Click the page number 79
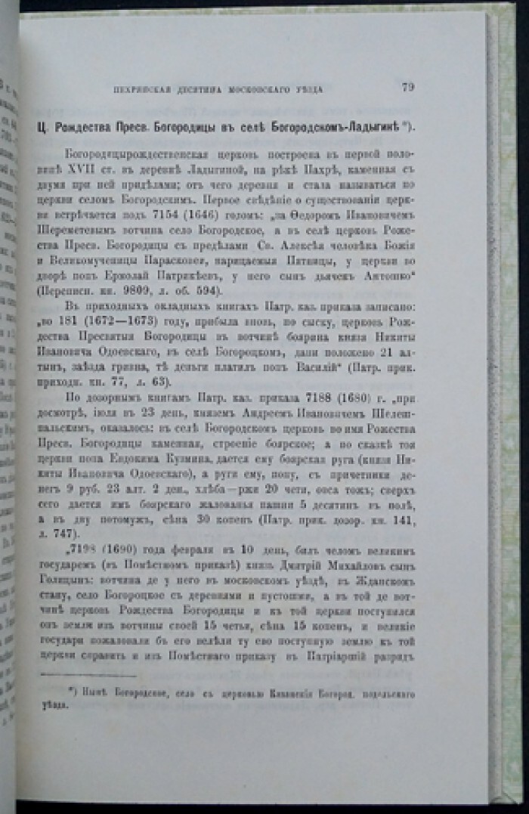click(407, 88)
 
